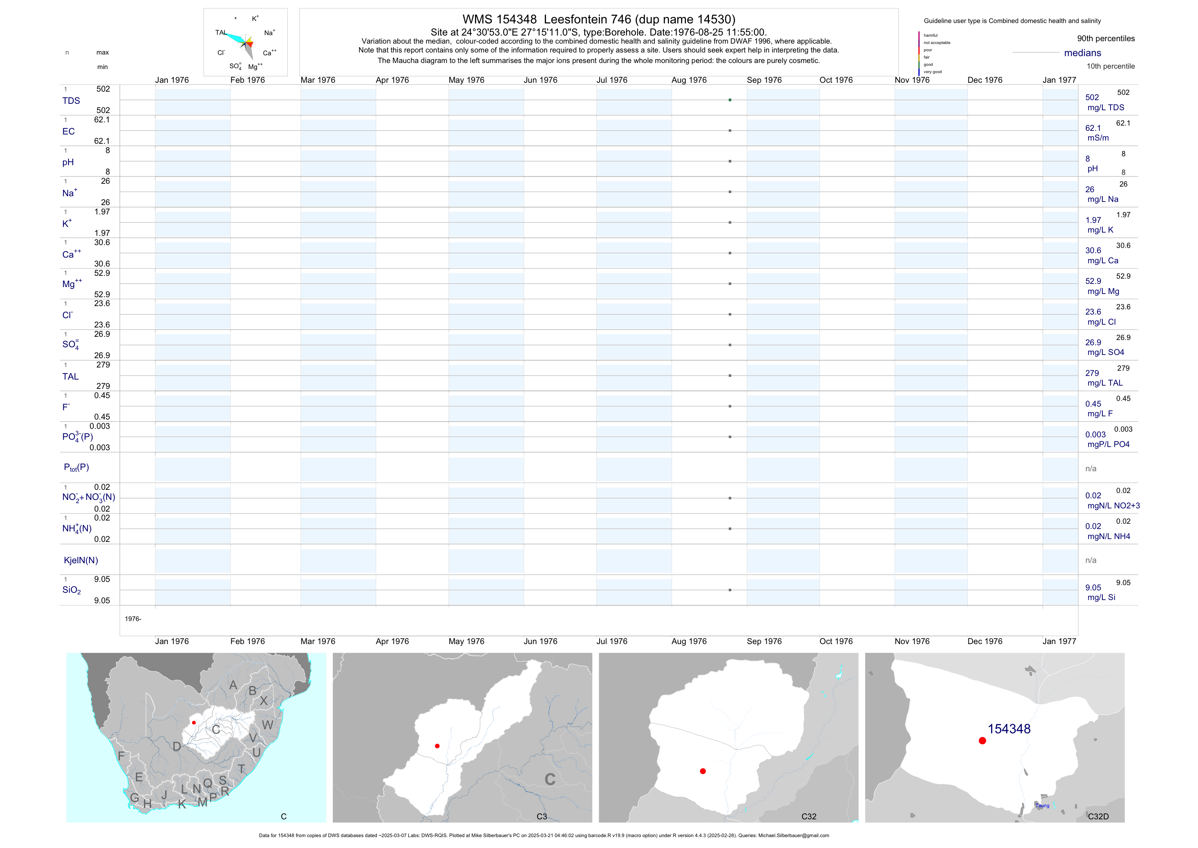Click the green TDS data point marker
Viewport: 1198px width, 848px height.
(730, 100)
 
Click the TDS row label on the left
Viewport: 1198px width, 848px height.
(71, 101)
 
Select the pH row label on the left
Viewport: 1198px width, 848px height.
(68, 162)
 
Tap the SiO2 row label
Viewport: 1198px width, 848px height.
(71, 590)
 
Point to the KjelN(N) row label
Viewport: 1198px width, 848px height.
(80, 560)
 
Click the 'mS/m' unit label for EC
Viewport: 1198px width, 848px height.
(1098, 138)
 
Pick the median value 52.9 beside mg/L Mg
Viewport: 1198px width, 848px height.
(1093, 281)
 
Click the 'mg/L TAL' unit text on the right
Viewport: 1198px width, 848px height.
(1105, 383)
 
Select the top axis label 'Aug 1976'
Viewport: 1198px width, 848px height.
(689, 80)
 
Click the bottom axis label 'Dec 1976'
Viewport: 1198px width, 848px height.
(985, 641)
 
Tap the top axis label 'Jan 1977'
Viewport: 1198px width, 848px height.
(1059, 80)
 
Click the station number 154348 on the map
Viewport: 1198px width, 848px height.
(1009, 729)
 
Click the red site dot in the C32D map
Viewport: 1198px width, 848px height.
(982, 741)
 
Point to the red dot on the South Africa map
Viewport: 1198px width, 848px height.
(194, 723)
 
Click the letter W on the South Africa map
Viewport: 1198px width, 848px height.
(267, 725)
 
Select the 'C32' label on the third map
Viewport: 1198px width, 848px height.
(808, 816)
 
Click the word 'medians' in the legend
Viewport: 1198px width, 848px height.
(1082, 53)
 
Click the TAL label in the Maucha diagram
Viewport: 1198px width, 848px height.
(221, 32)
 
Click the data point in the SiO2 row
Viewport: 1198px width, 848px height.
(730, 590)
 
